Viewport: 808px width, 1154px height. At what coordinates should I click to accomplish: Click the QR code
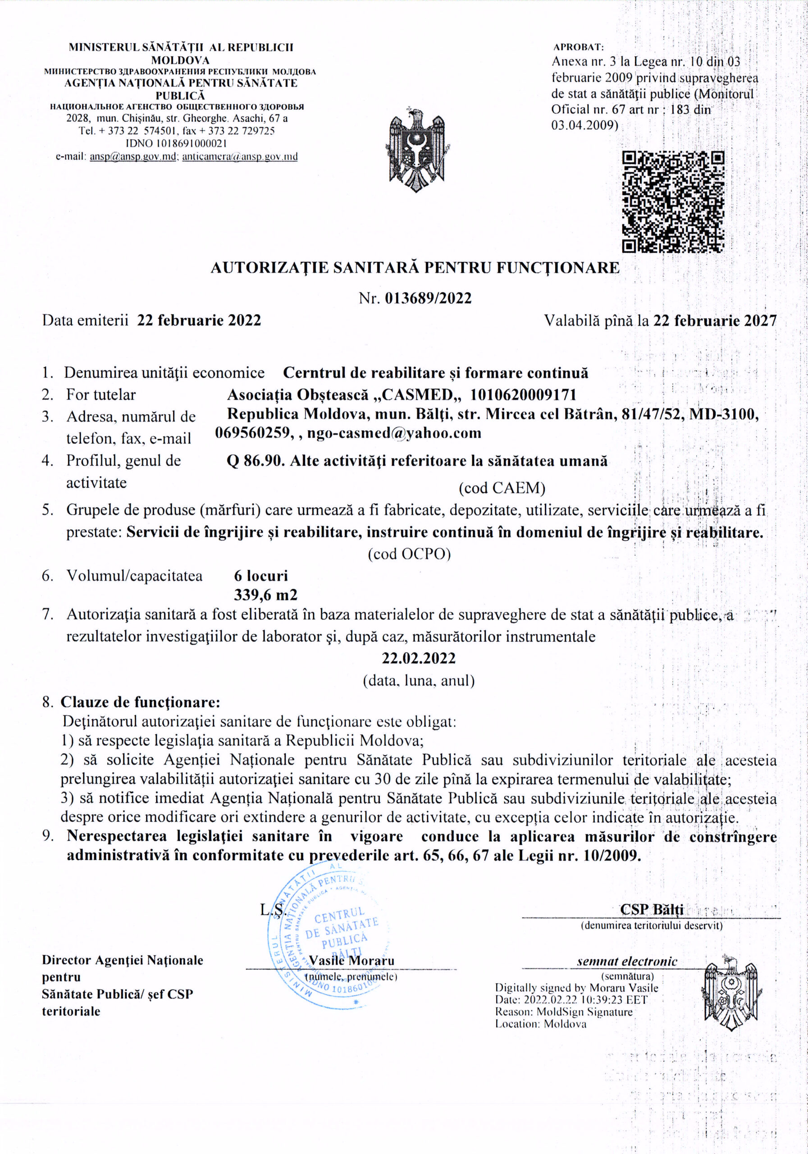coord(673,201)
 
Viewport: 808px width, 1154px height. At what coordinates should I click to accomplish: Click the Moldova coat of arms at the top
coord(417,149)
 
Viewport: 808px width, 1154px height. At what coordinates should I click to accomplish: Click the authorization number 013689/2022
coord(428,298)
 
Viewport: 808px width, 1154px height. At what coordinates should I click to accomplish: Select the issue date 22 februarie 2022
coord(199,320)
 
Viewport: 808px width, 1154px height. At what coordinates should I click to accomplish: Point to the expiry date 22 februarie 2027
coord(715,320)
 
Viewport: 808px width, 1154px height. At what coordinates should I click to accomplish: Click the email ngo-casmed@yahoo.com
coord(394,433)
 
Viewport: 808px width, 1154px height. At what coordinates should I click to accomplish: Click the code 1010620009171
coord(523,394)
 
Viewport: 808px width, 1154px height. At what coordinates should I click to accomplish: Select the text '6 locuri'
coord(261,576)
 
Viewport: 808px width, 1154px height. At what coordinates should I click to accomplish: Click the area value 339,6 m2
coord(265,595)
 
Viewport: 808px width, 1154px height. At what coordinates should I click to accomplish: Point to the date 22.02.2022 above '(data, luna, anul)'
coord(419,658)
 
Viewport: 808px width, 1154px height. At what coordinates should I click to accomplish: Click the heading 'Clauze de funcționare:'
coord(140,702)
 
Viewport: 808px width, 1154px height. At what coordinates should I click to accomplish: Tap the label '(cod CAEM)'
coord(502,488)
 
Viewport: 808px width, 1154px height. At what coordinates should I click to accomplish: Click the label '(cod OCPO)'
coord(409,554)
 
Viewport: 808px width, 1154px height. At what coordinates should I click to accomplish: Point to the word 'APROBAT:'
coord(578,47)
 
